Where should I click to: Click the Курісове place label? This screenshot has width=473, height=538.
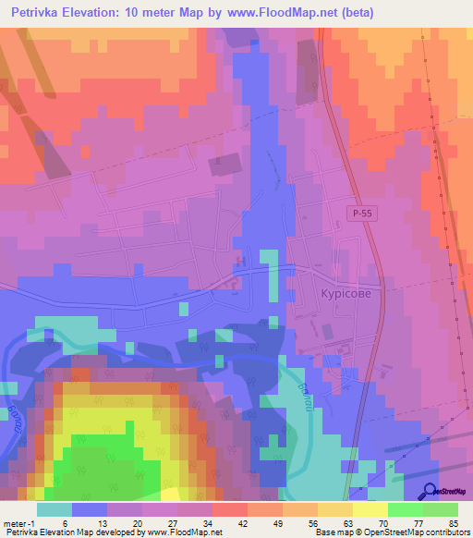[339, 288]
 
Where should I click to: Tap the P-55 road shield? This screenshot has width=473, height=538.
[362, 213]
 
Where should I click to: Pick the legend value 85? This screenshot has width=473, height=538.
[453, 522]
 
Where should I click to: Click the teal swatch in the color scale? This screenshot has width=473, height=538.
[55, 509]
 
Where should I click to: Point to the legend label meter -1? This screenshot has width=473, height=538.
[18, 522]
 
